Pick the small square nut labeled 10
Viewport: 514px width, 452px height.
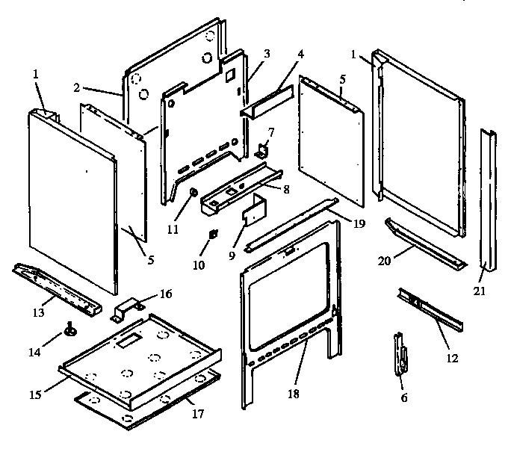(x=212, y=234)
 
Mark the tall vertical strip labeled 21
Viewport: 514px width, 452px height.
(x=487, y=198)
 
